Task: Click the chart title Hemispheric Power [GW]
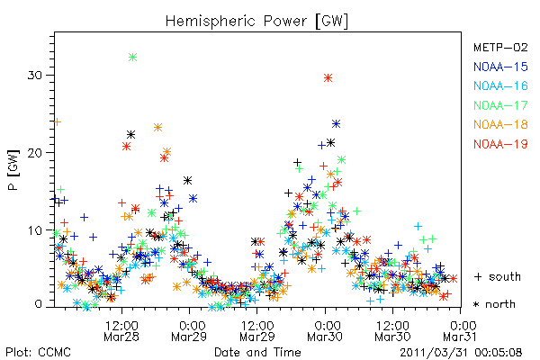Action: coord(256,22)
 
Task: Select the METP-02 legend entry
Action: coord(500,47)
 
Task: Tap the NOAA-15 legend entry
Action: coord(500,67)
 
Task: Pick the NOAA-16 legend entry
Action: coord(500,85)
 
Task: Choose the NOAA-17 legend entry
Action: coord(500,105)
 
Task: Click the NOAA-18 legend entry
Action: coord(500,124)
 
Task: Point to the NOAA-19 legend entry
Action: coord(500,144)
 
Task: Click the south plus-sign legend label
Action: coord(498,276)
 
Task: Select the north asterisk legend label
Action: coord(494,304)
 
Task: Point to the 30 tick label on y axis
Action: coord(35,75)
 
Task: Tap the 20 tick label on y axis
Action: coord(35,153)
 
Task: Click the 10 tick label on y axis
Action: coord(35,230)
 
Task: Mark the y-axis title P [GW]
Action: coord(13,170)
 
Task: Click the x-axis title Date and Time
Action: coord(257,352)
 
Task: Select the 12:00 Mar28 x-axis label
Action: coord(121,331)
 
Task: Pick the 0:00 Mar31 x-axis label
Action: coord(460,331)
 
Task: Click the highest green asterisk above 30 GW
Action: coord(133,58)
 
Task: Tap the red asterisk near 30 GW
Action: coord(328,78)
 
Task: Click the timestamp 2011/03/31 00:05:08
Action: coord(461,352)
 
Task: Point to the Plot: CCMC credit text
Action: coord(38,352)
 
